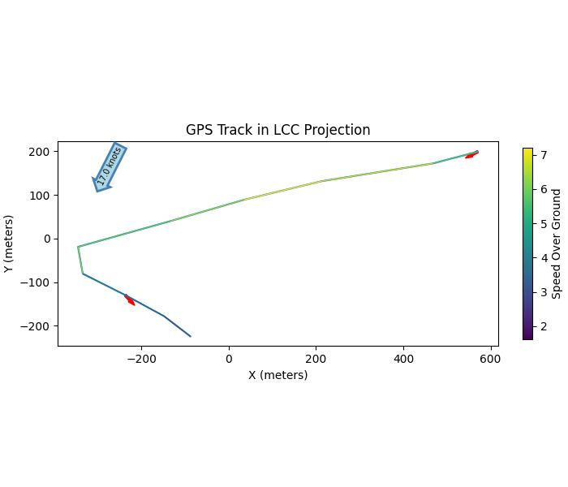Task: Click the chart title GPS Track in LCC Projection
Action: pyautogui.click(x=278, y=130)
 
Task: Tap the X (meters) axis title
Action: pyautogui.click(x=278, y=375)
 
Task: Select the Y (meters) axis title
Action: pyautogui.click(x=9, y=243)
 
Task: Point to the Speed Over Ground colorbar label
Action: pyautogui.click(x=557, y=243)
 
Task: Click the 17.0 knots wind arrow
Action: pyautogui.click(x=110, y=167)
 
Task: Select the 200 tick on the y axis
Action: pyautogui.click(x=41, y=152)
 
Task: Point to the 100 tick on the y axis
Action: pyautogui.click(x=41, y=196)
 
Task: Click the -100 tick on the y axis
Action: pyautogui.click(x=37, y=282)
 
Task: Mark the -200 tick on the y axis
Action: pyautogui.click(x=37, y=326)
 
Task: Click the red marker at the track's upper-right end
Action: pyautogui.click(x=471, y=155)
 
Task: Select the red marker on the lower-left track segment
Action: pyautogui.click(x=129, y=300)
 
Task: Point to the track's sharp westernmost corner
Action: pyautogui.click(x=78, y=247)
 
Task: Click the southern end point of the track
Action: pyautogui.click(x=190, y=336)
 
